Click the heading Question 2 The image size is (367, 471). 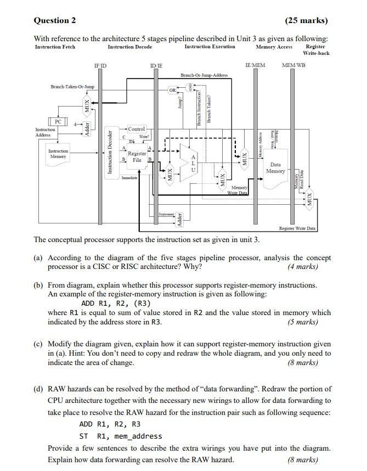(x=55, y=21)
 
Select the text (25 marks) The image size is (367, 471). (x=306, y=21)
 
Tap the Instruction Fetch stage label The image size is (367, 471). (x=55, y=47)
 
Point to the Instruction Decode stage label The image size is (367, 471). (x=129, y=47)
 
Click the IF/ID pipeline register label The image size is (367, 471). (x=100, y=65)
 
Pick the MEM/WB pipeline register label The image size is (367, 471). (x=293, y=65)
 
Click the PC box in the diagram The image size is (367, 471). (x=57, y=121)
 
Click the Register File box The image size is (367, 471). (x=137, y=157)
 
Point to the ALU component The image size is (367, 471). (x=193, y=164)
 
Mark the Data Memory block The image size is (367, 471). (x=275, y=168)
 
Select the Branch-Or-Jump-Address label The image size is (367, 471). (x=204, y=75)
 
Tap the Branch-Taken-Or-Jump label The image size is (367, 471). (x=72, y=87)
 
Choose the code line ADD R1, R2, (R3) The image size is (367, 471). (x=116, y=303)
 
